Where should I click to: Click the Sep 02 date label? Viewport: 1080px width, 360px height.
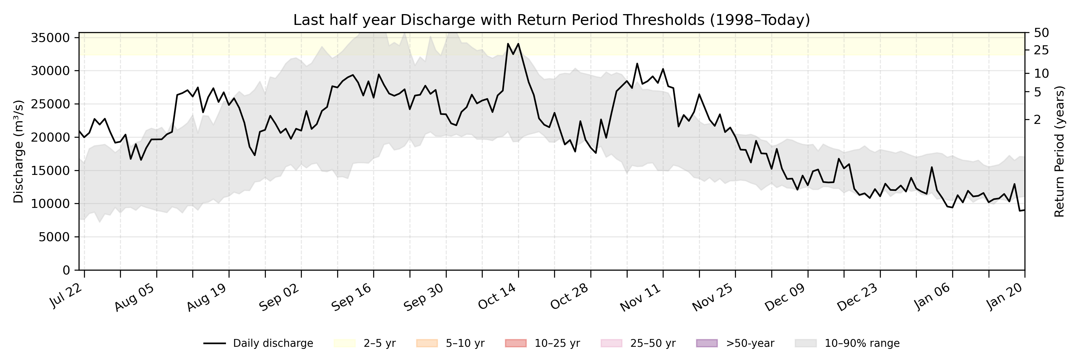279,297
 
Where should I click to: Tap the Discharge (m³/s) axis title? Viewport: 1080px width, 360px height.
18,151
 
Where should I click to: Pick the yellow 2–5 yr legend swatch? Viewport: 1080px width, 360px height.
345,343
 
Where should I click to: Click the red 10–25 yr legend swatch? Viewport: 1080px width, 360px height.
516,343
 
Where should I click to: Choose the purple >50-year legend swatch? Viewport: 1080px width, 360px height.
707,343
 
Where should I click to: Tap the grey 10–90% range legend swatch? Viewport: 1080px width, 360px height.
806,343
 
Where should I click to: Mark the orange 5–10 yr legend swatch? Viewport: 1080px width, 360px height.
427,343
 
